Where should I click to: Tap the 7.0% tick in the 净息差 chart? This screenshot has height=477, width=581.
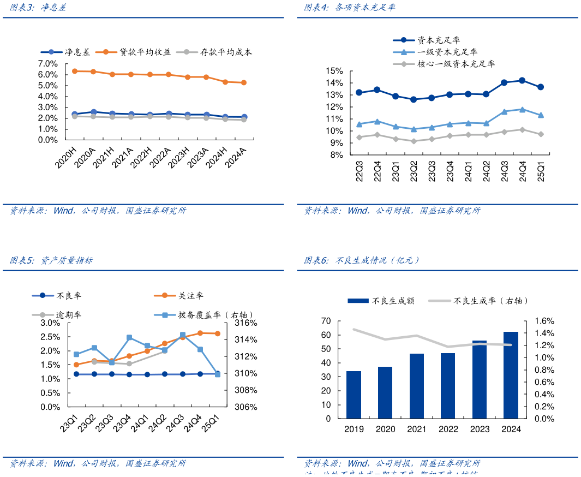47,63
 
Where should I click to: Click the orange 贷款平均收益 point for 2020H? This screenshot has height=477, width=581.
75,71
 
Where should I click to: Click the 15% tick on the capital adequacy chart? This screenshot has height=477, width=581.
334,71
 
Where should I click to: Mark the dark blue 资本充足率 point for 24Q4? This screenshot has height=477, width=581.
522,80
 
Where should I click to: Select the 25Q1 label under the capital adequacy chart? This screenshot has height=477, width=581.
541,171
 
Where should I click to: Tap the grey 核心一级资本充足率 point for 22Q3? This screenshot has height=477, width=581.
359,137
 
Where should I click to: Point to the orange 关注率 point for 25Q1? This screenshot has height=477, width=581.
217,333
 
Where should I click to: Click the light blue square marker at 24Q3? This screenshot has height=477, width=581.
183,335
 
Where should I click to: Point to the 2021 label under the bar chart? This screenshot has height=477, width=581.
417,429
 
